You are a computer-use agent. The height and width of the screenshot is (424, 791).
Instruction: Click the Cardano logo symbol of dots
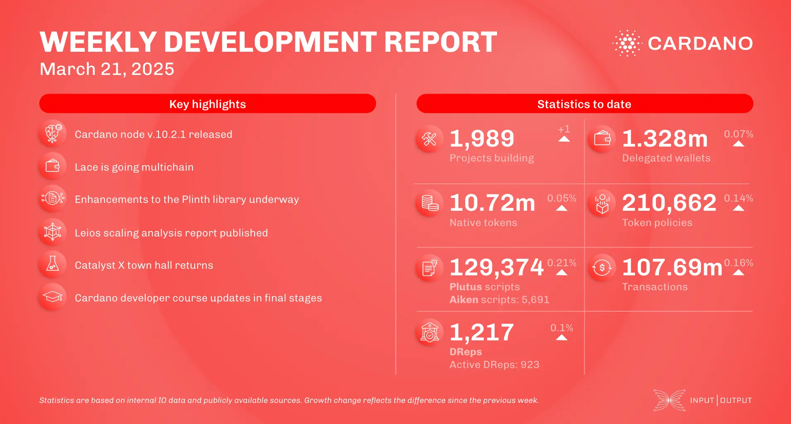click(x=627, y=43)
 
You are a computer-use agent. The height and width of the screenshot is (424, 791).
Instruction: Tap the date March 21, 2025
click(x=107, y=69)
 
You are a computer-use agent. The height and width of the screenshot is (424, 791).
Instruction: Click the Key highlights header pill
click(x=207, y=104)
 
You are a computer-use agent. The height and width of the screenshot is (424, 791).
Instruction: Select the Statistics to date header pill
click(x=584, y=104)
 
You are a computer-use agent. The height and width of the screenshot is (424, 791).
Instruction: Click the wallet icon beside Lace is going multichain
click(x=53, y=166)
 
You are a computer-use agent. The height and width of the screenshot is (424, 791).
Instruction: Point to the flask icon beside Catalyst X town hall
click(x=53, y=264)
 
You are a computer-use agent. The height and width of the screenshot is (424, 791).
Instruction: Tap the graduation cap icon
click(x=53, y=297)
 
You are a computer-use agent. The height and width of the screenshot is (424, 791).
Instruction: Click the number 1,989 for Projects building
click(x=482, y=138)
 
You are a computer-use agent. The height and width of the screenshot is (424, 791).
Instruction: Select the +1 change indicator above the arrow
click(x=564, y=129)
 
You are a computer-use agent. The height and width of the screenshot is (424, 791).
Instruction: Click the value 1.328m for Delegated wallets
click(x=665, y=138)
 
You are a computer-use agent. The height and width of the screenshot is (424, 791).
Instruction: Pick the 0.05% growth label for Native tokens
click(x=562, y=198)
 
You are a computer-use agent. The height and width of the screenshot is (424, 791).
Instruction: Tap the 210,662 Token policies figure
click(x=669, y=203)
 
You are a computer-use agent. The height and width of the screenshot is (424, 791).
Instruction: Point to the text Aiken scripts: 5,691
click(x=499, y=299)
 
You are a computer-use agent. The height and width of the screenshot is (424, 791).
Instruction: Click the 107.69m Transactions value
click(x=672, y=267)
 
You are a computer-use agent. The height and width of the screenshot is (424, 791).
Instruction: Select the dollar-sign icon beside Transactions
click(x=602, y=268)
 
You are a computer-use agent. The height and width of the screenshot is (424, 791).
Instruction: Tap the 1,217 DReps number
click(x=482, y=332)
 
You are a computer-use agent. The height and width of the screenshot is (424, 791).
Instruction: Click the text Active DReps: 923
click(x=494, y=364)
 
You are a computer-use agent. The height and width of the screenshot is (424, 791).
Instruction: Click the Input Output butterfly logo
click(x=669, y=400)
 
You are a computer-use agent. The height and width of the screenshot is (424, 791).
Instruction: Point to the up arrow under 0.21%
click(x=562, y=272)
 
